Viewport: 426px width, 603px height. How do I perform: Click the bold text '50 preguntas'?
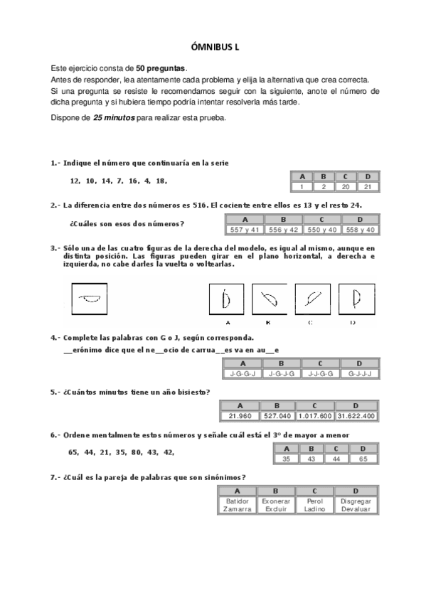tap(161, 68)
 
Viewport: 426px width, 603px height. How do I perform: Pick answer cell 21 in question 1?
tap(367, 186)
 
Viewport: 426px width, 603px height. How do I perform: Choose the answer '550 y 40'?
tap(321, 230)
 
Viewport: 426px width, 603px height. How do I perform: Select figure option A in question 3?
tap(225, 300)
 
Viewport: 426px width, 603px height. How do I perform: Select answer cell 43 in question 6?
tap(311, 459)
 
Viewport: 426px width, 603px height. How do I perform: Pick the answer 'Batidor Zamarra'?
tap(236, 506)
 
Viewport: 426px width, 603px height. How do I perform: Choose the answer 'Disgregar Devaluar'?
tap(355, 506)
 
